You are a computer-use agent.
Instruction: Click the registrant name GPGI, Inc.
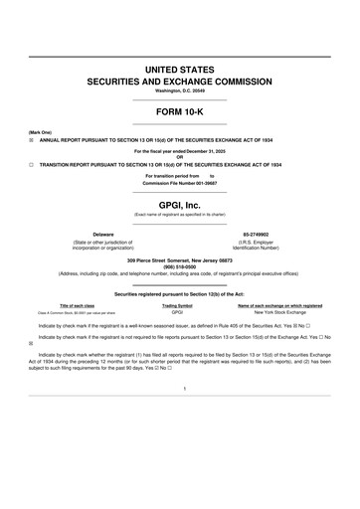(x=179, y=202)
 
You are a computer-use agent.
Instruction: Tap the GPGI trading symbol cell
(x=177, y=312)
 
